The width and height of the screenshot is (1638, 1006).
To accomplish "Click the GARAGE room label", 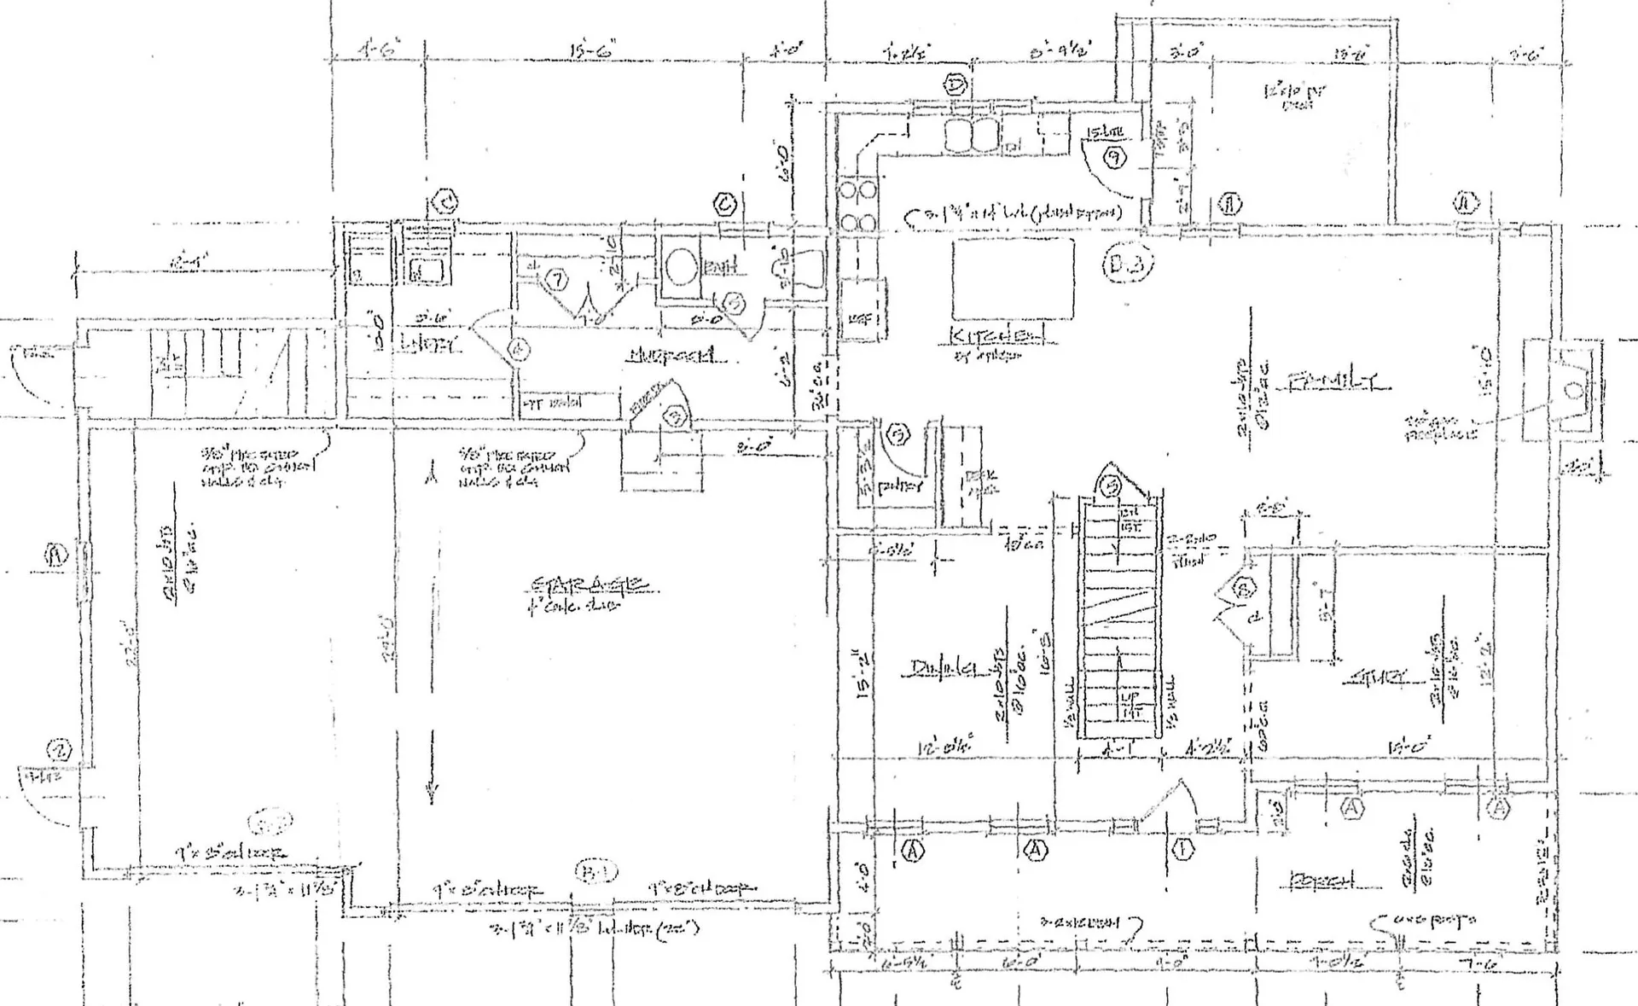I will [x=590, y=586].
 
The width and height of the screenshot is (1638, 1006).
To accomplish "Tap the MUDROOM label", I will [x=671, y=356].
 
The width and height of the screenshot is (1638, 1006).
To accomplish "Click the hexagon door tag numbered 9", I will [x=1114, y=157].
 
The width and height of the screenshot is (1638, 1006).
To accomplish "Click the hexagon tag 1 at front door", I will [x=1183, y=849].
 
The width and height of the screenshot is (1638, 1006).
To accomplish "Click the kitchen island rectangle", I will [x=1013, y=278].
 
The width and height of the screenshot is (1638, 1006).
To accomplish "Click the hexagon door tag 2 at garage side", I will [x=60, y=751].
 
